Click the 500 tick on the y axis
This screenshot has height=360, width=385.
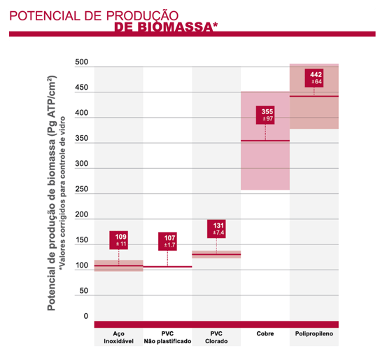(x=82, y=63)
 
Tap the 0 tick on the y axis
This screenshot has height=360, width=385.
(x=86, y=317)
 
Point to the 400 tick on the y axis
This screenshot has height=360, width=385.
(x=82, y=113)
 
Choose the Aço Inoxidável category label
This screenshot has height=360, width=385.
(x=118, y=337)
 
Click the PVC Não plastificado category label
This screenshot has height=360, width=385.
(x=167, y=337)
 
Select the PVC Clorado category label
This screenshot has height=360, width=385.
(x=216, y=337)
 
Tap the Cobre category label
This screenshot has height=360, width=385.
(x=265, y=333)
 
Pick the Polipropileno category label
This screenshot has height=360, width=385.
(x=314, y=333)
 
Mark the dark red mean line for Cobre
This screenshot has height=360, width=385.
(x=265, y=141)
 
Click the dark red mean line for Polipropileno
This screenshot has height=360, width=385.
(x=314, y=96)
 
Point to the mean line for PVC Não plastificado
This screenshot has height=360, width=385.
(x=167, y=267)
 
